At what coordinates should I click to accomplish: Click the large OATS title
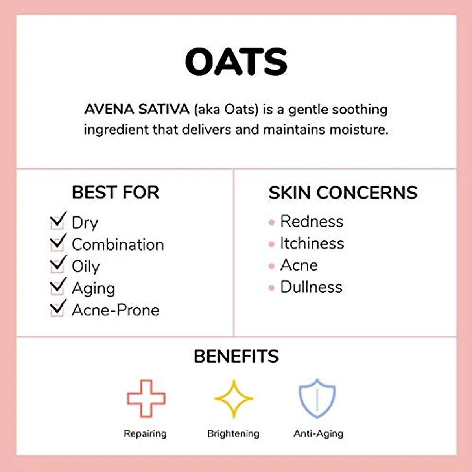(x=236, y=61)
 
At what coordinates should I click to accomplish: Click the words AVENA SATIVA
(x=136, y=109)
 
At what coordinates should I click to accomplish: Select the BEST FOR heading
(x=115, y=192)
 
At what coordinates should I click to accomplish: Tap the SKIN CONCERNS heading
(x=343, y=193)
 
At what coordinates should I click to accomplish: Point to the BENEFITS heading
(x=236, y=356)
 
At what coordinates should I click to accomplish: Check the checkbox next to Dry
(x=57, y=221)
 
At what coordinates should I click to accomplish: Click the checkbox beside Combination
(x=57, y=243)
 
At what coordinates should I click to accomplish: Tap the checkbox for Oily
(x=57, y=265)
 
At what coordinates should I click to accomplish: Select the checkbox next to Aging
(x=57, y=288)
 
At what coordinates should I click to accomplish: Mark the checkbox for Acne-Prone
(x=57, y=309)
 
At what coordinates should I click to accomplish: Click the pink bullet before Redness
(x=271, y=223)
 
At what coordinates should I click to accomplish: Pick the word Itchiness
(x=312, y=243)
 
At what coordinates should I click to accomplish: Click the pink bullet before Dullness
(x=271, y=288)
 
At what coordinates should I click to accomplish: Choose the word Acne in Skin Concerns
(x=299, y=265)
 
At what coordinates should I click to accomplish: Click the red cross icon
(x=146, y=398)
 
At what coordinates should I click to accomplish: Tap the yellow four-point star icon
(x=234, y=399)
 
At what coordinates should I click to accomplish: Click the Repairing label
(x=145, y=433)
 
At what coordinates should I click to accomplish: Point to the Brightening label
(x=233, y=433)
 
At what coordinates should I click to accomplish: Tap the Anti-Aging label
(x=318, y=433)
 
